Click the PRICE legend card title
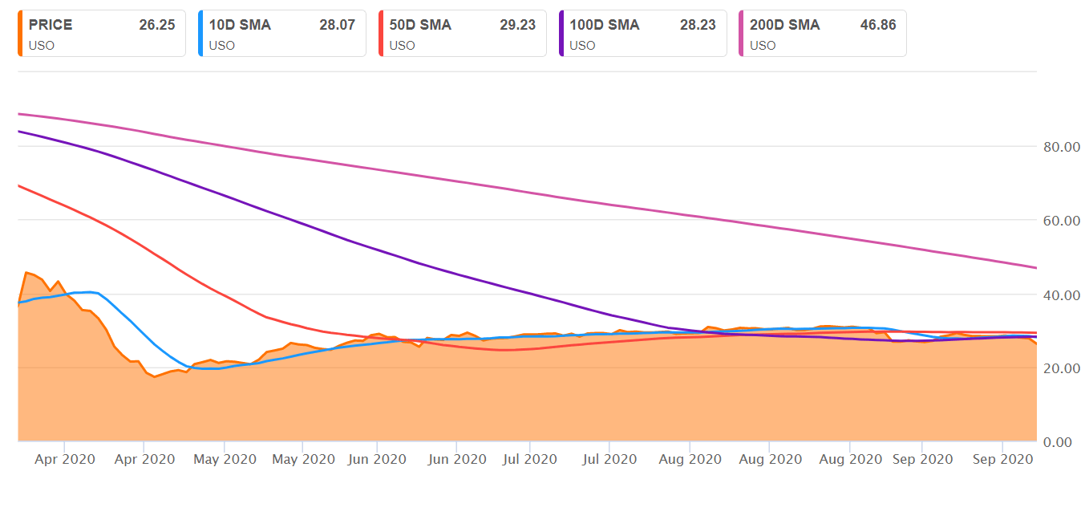51,25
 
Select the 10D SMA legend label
240,25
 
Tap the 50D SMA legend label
420,25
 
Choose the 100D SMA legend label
605,25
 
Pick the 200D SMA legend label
785,25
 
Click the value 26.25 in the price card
156,25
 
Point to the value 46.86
878,25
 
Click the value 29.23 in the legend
517,25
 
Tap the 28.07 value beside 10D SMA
337,25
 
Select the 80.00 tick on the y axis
1062,147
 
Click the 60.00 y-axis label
1062,221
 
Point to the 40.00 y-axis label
1062,295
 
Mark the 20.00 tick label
1062,368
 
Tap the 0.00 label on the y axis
1065,442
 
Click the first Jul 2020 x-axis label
529,459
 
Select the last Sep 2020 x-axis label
1002,459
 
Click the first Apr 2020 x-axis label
64,459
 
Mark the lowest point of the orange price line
155,376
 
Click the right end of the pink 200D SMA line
1036,267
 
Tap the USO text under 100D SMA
582,46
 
